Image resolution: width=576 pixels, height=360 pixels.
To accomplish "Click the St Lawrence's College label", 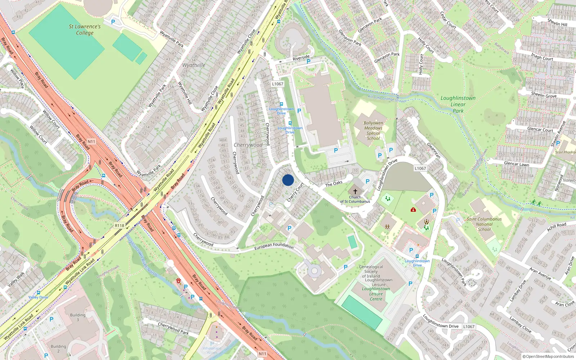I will [85, 30].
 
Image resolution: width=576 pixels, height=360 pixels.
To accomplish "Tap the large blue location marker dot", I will [288, 180].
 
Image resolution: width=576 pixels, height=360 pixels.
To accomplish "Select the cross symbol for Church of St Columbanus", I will [355, 192].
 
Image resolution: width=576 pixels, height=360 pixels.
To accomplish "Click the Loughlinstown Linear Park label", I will [458, 104].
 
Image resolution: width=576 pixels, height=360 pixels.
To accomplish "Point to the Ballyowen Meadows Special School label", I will [373, 131].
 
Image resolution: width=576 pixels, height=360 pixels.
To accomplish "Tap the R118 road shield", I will [120, 226].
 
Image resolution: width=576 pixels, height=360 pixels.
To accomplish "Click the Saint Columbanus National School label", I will [484, 224].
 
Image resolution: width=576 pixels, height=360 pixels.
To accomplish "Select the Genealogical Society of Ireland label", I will [371, 271].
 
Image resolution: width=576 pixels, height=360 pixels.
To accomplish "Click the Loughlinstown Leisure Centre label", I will [376, 294].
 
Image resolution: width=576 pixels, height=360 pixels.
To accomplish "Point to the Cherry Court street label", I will [295, 192].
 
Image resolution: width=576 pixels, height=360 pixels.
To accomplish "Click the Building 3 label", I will [78, 317].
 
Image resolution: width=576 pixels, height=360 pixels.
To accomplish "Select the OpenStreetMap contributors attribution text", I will [548, 356].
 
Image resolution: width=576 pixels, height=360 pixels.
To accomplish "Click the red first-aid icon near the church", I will [413, 210].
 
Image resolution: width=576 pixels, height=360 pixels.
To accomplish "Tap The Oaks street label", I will [334, 184].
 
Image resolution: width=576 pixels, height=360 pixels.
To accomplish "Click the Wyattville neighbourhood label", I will [194, 65].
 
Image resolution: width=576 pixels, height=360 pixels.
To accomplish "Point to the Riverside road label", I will [301, 58].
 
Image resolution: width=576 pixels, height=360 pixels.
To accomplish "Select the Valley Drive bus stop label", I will [39, 297].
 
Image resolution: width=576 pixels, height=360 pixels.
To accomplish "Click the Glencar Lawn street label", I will [516, 164].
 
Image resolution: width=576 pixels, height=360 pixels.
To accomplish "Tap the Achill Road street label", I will [557, 227].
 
